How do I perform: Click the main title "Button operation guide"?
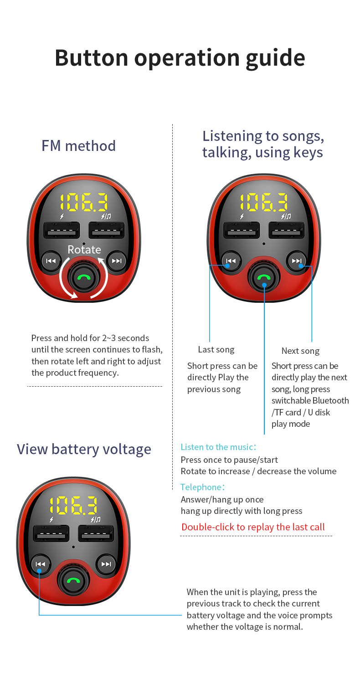[x=180, y=57]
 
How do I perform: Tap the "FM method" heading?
[x=78, y=146]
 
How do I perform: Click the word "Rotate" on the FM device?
[x=84, y=249]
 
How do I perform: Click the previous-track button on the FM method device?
[x=51, y=261]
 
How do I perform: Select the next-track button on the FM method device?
[x=117, y=261]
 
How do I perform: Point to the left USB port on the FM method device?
[x=62, y=230]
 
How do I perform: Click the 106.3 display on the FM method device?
[x=84, y=202]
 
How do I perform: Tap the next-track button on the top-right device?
[x=297, y=261]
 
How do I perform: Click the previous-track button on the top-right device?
[x=231, y=261]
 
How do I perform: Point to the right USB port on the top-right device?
[x=286, y=230]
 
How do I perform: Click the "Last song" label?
[x=216, y=350]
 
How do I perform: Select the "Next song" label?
[x=300, y=351]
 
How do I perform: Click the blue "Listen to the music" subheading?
[x=218, y=447]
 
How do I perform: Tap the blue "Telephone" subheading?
[x=202, y=487]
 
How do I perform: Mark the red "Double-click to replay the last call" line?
[x=253, y=527]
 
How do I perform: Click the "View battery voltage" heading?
[x=84, y=449]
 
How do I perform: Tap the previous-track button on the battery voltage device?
[x=40, y=565]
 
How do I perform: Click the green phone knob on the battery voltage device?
[x=73, y=581]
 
